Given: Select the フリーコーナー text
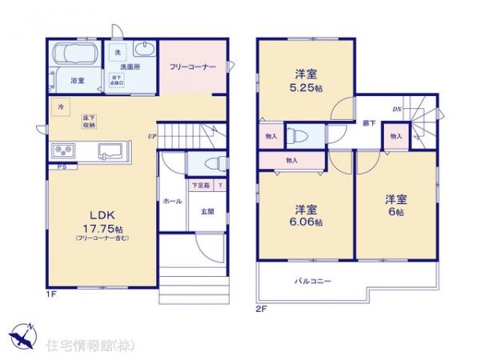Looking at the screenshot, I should coord(192,68).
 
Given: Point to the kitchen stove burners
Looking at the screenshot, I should coord(64,151).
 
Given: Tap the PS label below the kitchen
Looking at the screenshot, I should coord(62,166).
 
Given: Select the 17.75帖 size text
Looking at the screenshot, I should coord(94,227).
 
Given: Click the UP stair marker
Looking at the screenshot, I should coord(150,137).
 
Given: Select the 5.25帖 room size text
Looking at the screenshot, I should coord(305,84).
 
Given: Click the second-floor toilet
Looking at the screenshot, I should coord(292,135).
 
